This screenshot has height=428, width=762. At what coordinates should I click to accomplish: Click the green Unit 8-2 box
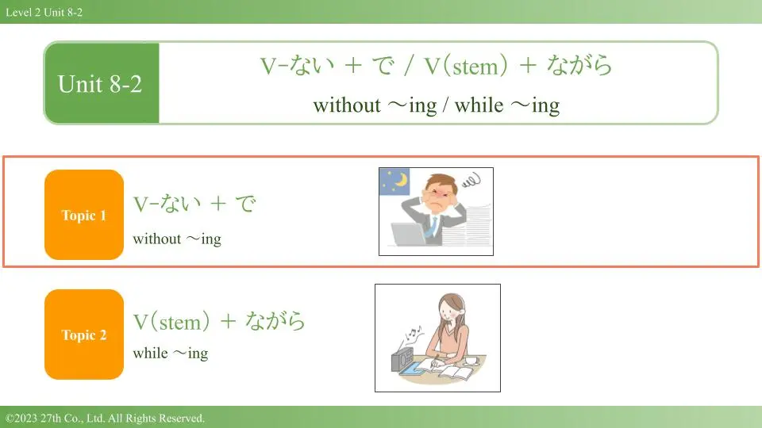coord(102,83)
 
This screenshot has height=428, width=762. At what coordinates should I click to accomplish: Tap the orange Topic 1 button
coord(84,215)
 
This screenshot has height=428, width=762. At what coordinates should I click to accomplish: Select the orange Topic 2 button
coord(84,334)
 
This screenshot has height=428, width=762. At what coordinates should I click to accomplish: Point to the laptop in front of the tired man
coord(410,234)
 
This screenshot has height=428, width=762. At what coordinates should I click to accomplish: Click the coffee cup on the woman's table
coord(471,361)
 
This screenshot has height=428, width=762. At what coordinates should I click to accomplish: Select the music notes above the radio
coord(414,334)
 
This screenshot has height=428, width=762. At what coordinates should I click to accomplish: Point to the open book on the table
coord(456,373)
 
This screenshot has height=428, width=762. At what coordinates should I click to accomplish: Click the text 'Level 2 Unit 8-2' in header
coord(44,12)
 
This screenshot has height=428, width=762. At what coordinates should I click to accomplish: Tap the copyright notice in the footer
coord(105,418)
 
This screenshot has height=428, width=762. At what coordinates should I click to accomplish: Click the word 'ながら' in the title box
coord(579,65)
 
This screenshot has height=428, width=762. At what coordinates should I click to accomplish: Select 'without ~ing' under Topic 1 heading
coord(177,239)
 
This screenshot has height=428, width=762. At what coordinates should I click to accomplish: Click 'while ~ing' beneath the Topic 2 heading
coord(171,353)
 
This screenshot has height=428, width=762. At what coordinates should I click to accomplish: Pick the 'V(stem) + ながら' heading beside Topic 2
coord(219,321)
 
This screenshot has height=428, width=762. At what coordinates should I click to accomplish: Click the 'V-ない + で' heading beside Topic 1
coord(194,204)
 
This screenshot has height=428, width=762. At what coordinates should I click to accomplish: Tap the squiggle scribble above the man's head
coord(471,181)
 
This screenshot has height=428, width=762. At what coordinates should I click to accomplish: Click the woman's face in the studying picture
coord(449,310)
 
